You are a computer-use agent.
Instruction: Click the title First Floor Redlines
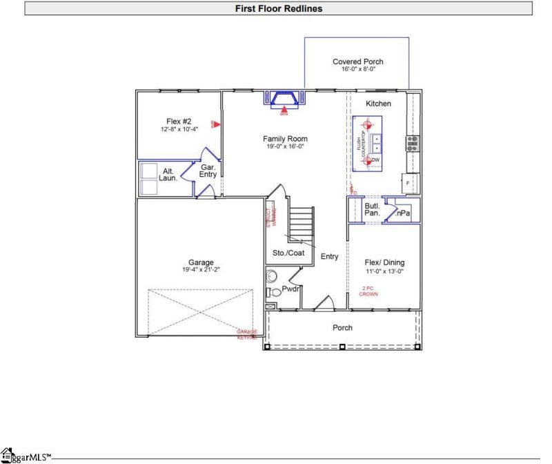click(279, 9)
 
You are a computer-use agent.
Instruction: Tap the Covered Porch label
click(357, 61)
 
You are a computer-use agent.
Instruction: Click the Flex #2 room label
click(178, 120)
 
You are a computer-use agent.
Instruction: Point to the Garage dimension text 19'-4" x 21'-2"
click(201, 270)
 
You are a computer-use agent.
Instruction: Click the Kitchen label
click(378, 104)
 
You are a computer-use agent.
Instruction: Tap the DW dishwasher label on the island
click(375, 160)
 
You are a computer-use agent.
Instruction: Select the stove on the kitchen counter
click(412, 144)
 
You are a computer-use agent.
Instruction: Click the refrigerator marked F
click(408, 183)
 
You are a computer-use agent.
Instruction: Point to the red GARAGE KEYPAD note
click(247, 335)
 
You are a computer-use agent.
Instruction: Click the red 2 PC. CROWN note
click(369, 291)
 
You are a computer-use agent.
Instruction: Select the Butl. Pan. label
click(373, 209)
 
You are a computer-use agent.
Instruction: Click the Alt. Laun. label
click(168, 175)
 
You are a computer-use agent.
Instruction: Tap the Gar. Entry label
click(208, 171)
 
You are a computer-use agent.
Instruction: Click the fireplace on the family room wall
click(284, 98)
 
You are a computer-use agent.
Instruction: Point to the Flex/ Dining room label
click(384, 262)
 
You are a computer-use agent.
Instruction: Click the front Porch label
click(342, 328)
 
